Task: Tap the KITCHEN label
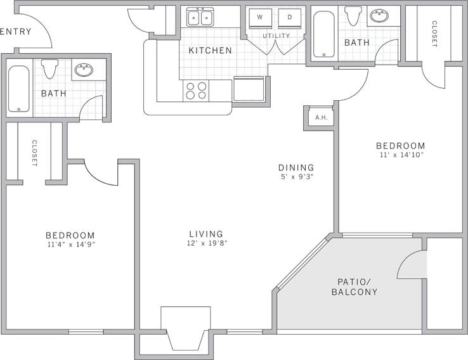pos(210,50)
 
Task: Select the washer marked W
pos(260,18)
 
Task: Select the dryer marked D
pos(290,18)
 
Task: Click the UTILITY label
pos(276,36)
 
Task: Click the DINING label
pos(296,167)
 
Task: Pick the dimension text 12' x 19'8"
pos(206,243)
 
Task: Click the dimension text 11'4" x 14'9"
pos(70,245)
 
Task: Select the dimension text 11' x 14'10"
pos(400,155)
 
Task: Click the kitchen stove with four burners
pos(197,91)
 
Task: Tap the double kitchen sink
pos(200,17)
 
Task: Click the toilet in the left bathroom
pos(49,68)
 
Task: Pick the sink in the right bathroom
pos(379,16)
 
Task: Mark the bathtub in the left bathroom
pos(18,89)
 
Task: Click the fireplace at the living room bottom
pos(186,328)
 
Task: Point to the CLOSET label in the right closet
pos(434,34)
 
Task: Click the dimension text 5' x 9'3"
pos(296,177)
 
